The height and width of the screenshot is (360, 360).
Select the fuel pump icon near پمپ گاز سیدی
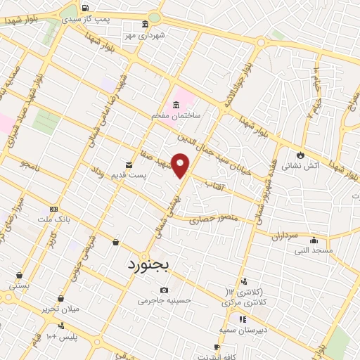tap(85, 8)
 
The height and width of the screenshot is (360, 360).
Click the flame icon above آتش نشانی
tap(302, 155)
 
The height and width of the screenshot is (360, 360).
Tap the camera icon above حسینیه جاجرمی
tap(164, 290)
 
